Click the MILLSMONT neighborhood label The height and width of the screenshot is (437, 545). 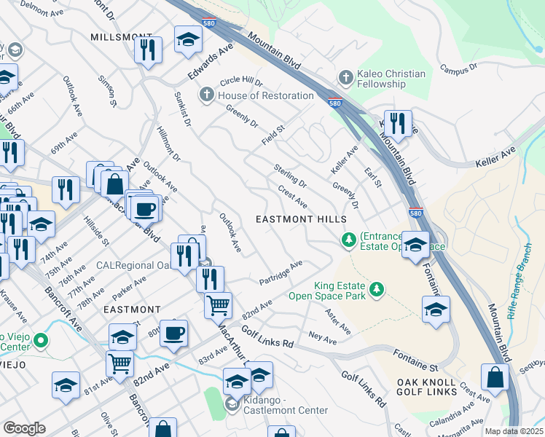[122, 37]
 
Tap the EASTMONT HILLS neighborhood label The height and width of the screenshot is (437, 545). [294, 219]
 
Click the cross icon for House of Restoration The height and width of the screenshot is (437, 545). [207, 95]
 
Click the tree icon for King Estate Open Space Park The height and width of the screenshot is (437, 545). [376, 290]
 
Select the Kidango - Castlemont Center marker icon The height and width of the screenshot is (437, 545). [232, 404]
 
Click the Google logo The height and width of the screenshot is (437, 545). [24, 428]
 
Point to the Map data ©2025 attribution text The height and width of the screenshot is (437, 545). [513, 431]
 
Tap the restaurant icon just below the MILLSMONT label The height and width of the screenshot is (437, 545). [148, 50]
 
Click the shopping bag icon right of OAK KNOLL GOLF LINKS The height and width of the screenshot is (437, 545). [495, 377]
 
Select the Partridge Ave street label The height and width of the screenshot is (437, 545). [281, 273]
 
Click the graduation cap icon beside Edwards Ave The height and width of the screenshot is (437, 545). [188, 39]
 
